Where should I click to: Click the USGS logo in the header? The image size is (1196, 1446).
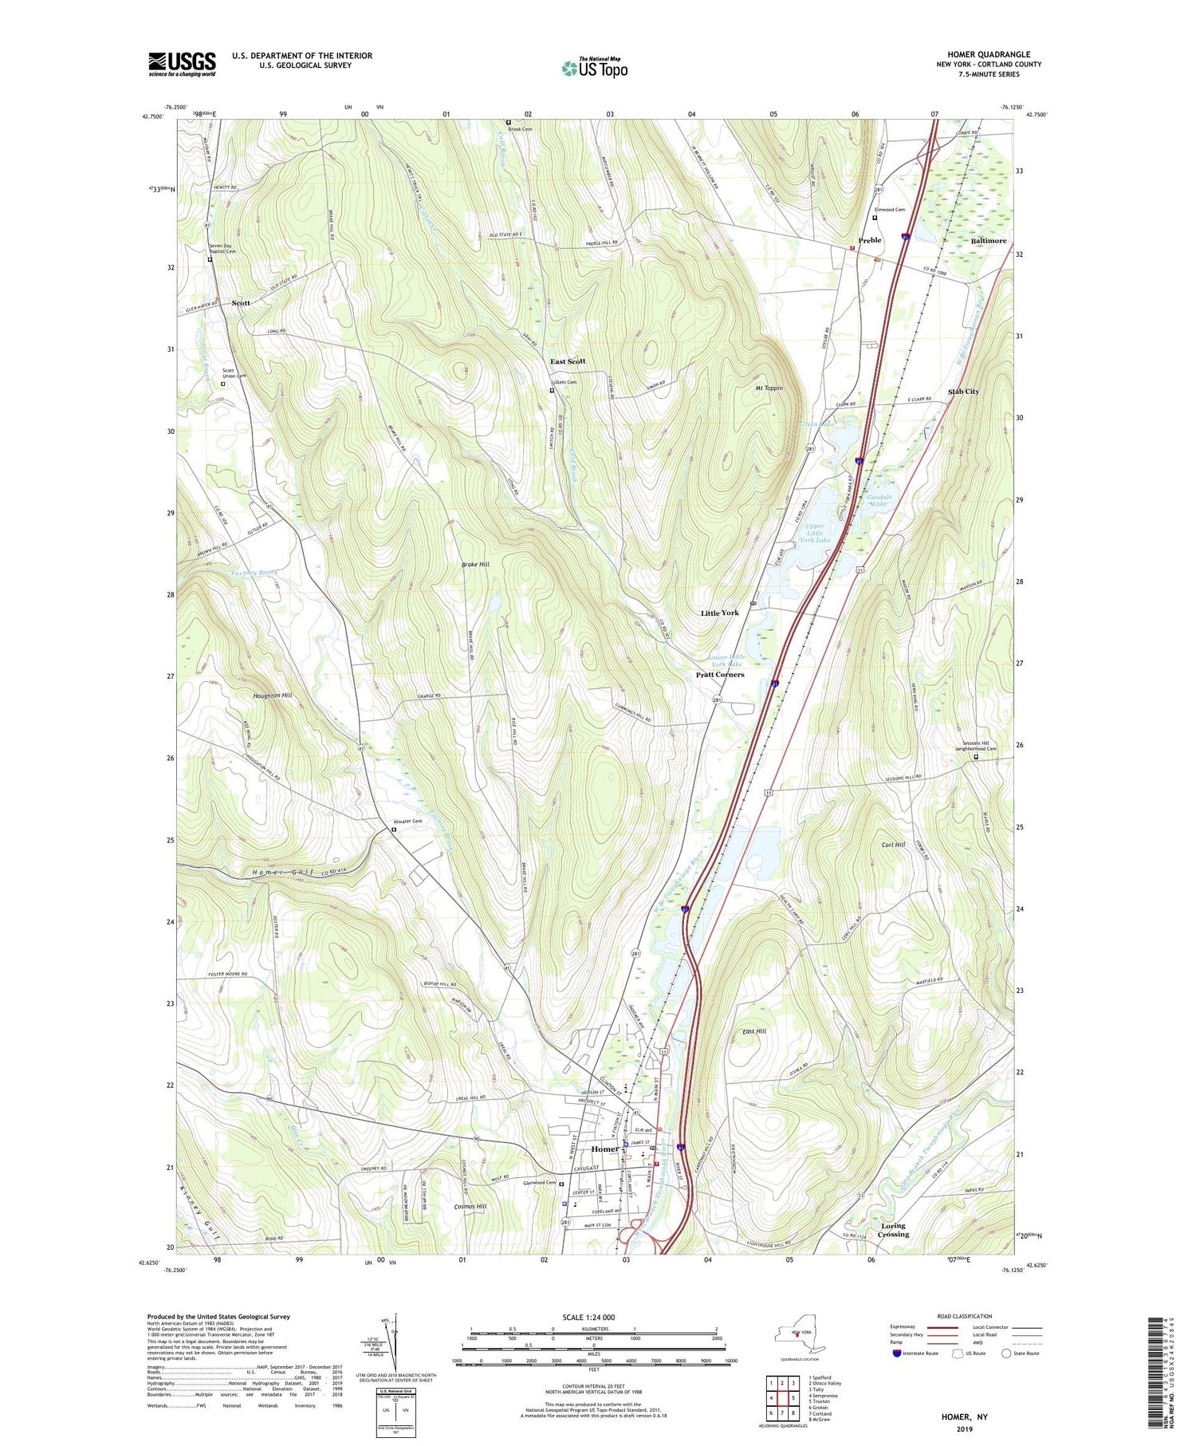[x=182, y=64]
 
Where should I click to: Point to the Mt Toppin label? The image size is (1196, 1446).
[x=769, y=388]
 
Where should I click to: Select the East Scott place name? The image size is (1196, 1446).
[x=568, y=361]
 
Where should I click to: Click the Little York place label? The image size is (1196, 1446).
[x=719, y=613]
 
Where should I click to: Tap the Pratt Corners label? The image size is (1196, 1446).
[x=719, y=674]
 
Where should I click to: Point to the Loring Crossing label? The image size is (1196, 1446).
[x=893, y=1230]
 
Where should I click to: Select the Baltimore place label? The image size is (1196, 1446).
[x=988, y=240]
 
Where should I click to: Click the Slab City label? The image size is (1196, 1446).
[x=963, y=392]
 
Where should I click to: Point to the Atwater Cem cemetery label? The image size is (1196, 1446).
[x=407, y=822]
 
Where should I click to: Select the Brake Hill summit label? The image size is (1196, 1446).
[x=475, y=564]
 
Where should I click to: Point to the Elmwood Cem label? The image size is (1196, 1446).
[x=889, y=210]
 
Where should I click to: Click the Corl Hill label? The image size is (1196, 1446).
[x=893, y=845]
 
